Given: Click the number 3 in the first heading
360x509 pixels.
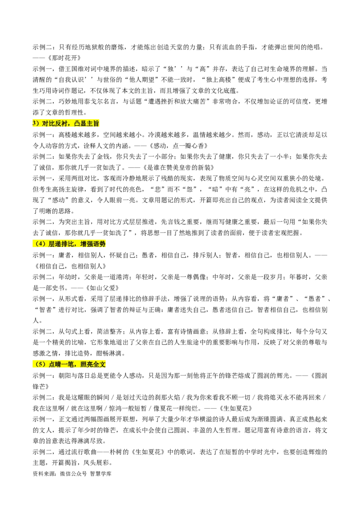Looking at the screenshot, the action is (x=34, y=124).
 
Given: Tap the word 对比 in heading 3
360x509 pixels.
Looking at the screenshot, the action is (x=47, y=124).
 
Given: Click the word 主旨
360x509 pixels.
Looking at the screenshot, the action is (x=93, y=124).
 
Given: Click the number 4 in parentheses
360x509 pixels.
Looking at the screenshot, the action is (x=40, y=244).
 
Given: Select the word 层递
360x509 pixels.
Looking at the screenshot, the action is (x=54, y=244).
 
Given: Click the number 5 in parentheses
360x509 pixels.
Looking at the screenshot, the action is (x=40, y=365).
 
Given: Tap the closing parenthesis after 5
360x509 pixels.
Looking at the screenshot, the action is (x=45, y=365).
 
